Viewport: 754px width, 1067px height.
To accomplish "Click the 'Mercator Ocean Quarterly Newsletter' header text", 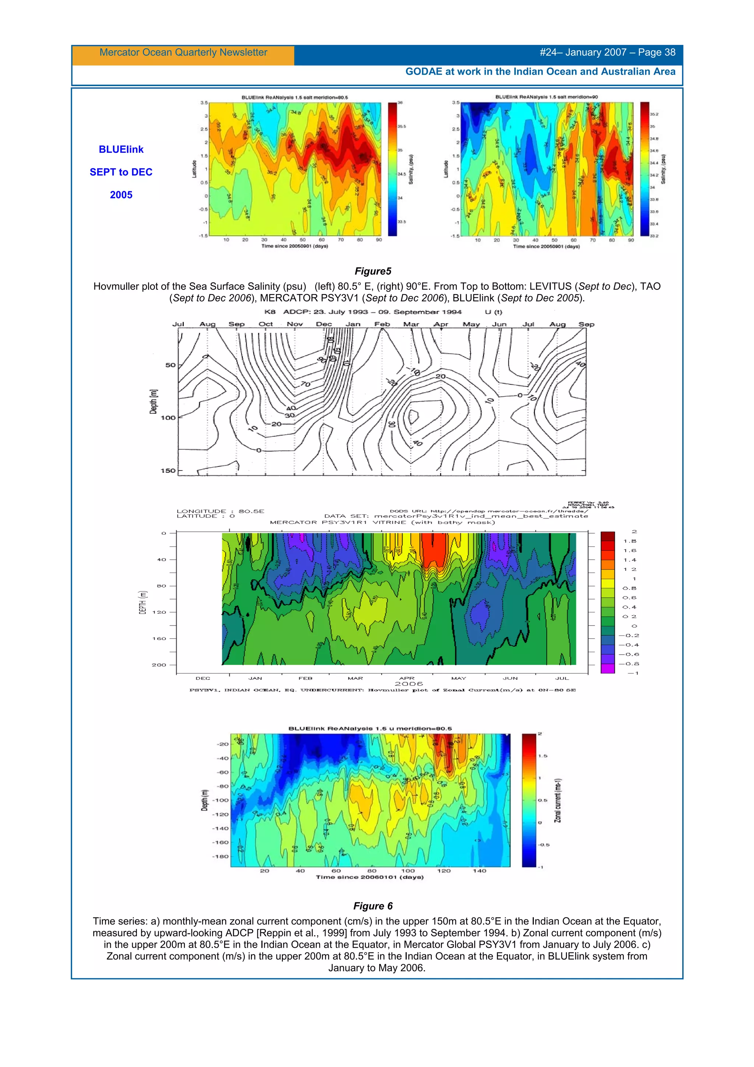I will (x=183, y=53).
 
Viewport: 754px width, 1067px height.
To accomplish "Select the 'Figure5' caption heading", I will (x=373, y=271).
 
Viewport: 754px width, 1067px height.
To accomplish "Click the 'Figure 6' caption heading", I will (x=373, y=906).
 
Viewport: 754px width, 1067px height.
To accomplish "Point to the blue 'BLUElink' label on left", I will (x=121, y=149).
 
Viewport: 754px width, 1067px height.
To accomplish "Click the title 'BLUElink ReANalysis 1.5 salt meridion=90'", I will (x=546, y=97).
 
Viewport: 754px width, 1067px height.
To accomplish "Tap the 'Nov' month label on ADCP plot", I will (x=295, y=324).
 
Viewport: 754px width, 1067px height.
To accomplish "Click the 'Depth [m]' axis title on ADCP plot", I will (x=153, y=402).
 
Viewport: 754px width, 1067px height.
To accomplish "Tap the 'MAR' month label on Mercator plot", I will (x=355, y=678).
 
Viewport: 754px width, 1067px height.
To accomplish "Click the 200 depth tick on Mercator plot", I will (x=159, y=665).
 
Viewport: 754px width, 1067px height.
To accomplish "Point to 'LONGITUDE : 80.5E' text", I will (x=220, y=511).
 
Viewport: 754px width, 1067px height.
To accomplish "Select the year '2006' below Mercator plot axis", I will (x=408, y=684).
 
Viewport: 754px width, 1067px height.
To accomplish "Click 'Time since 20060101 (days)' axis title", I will (x=369, y=877).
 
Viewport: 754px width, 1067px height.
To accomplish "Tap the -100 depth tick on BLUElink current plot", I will (x=221, y=800).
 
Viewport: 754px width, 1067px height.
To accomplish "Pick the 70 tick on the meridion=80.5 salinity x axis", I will (x=341, y=240).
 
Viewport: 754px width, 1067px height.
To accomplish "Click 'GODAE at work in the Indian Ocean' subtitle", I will (x=540, y=71).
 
